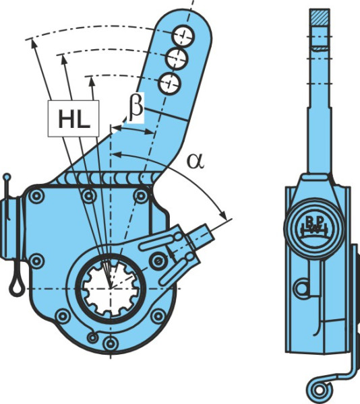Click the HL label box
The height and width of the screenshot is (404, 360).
73,119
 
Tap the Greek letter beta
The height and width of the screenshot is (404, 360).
136,108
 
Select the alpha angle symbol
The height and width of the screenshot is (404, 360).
196,162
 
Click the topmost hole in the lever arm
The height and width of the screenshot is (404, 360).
183,36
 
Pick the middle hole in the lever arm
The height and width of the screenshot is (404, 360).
177,59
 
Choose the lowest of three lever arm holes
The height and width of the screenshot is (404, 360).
170,83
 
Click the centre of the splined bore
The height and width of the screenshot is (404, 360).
111,288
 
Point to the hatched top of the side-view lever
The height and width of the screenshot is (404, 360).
320,18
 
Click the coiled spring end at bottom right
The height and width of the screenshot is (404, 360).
319,391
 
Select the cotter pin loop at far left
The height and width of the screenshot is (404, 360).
16,285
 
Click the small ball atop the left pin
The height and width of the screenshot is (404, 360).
7,177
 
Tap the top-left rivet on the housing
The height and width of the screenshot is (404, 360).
36,197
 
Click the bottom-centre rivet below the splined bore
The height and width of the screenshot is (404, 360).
111,343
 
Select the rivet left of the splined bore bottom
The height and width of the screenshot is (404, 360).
63,316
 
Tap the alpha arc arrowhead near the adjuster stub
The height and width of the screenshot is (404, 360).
222,215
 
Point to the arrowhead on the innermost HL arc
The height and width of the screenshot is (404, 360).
91,81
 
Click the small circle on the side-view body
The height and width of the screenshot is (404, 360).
302,289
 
